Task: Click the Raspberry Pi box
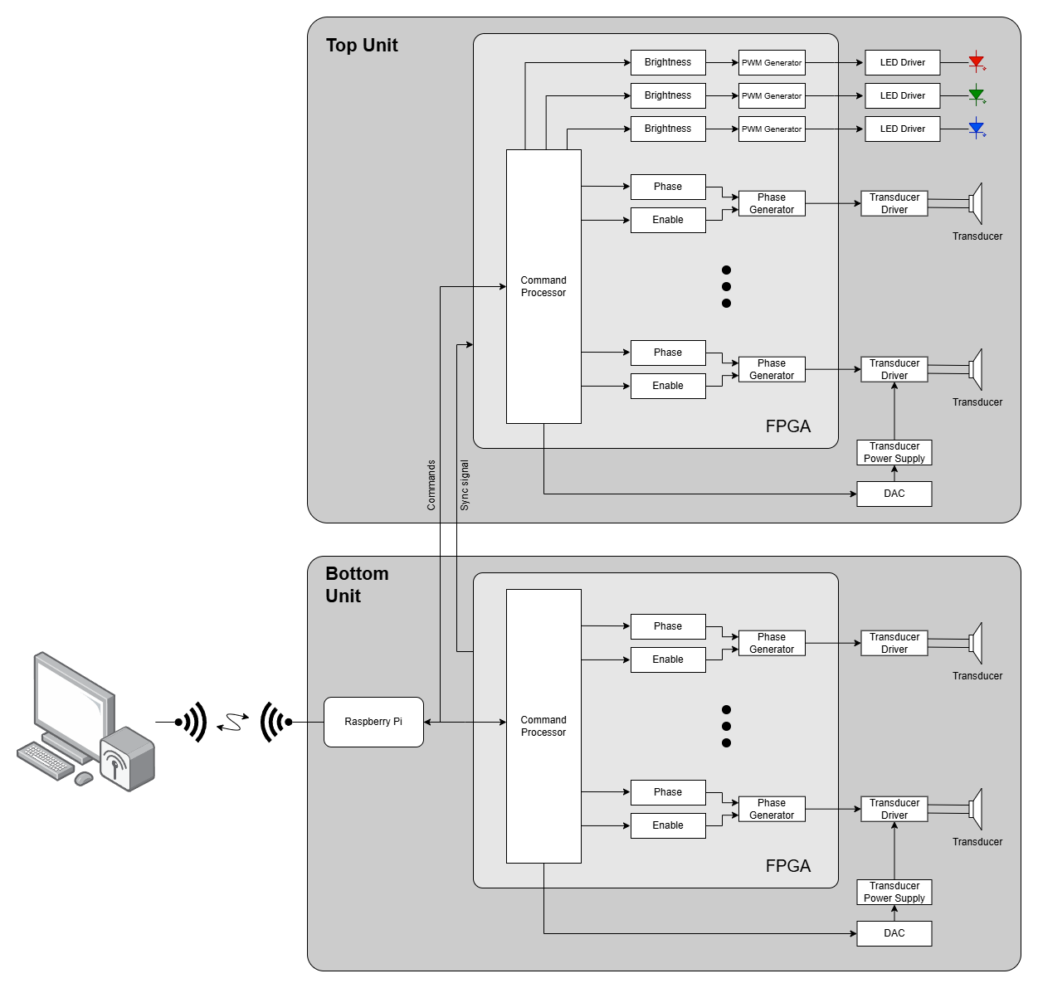pyautogui.click(x=373, y=722)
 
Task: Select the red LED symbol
pyautogui.click(x=977, y=62)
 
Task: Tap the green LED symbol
pyautogui.click(x=977, y=95)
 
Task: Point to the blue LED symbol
pyautogui.click(x=977, y=129)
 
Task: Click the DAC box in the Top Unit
pyautogui.click(x=894, y=494)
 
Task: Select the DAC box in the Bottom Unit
pyautogui.click(x=894, y=933)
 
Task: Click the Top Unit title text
pyautogui.click(x=362, y=46)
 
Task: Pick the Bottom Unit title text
pyautogui.click(x=357, y=585)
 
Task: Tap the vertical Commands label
pyautogui.click(x=431, y=484)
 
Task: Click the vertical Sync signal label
pyautogui.click(x=465, y=484)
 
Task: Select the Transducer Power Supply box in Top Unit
pyautogui.click(x=894, y=452)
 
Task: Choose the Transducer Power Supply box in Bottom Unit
pyautogui.click(x=894, y=892)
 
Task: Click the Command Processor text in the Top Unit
pyautogui.click(x=543, y=286)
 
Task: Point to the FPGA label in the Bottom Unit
pyautogui.click(x=787, y=865)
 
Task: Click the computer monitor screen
pyautogui.click(x=71, y=697)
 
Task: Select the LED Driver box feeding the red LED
pyautogui.click(x=902, y=62)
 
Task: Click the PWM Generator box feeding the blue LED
pyautogui.click(x=772, y=129)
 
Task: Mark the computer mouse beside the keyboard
pyautogui.click(x=84, y=778)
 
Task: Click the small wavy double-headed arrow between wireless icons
pyautogui.click(x=233, y=723)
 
